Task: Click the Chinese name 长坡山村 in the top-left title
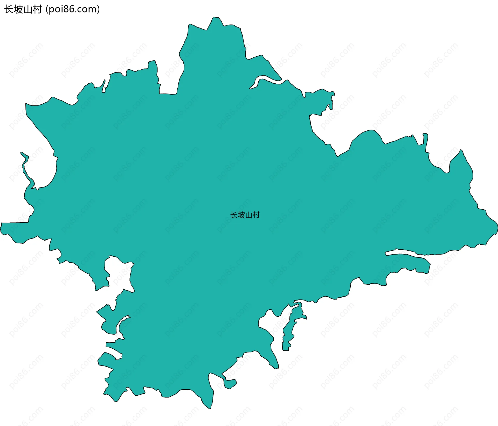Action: coord(23,9)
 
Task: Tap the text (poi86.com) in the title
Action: coord(73,9)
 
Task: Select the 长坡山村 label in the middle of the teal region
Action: coord(245,215)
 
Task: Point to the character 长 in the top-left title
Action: coord(9,9)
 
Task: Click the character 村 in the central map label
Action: coord(256,215)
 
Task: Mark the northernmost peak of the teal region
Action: coord(214,17)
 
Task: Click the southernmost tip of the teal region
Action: coord(210,409)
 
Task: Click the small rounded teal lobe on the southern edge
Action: coord(230,383)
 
